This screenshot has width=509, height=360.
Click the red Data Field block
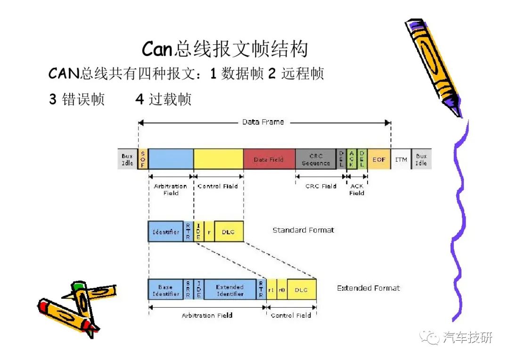click(x=269, y=159)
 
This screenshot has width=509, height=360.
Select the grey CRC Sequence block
click(x=315, y=159)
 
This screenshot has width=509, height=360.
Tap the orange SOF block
click(x=143, y=159)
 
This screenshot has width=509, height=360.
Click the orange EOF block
click(x=379, y=159)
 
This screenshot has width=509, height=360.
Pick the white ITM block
click(x=401, y=159)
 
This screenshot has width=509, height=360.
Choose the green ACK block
click(x=352, y=159)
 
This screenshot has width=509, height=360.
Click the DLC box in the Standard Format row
click(x=229, y=231)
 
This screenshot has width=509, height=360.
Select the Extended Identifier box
click(x=230, y=290)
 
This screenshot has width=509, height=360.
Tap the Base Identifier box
click(x=165, y=290)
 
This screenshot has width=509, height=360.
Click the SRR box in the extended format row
click(x=188, y=290)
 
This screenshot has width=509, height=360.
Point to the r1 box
click(x=271, y=290)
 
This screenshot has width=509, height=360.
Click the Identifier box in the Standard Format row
click(x=165, y=231)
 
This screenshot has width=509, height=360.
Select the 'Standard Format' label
click(x=303, y=230)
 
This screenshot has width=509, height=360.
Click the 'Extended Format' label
click(x=369, y=288)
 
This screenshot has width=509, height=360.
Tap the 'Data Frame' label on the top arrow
click(x=263, y=122)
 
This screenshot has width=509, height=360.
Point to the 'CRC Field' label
click(x=321, y=186)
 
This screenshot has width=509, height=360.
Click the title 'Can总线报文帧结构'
click(x=225, y=49)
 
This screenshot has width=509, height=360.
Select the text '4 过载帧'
click(x=163, y=99)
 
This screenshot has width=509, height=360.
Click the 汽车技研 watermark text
click(x=468, y=337)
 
